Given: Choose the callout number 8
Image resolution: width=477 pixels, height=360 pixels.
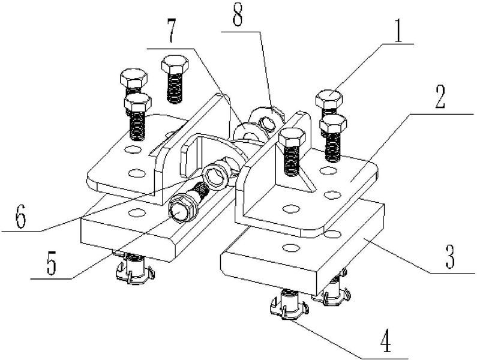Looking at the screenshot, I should pos(238,16).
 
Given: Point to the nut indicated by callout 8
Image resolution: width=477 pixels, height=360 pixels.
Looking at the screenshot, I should pos(266,115).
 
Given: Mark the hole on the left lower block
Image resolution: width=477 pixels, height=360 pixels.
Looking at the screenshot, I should pos(137,211).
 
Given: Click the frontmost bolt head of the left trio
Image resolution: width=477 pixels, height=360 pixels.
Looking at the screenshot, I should pos(136,103).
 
